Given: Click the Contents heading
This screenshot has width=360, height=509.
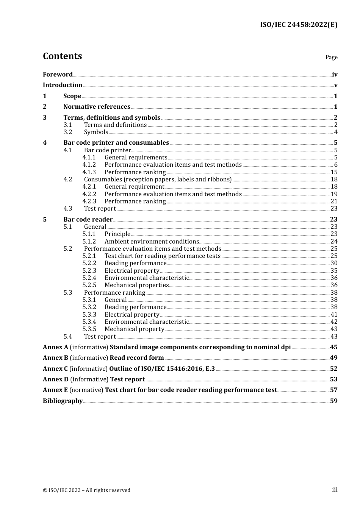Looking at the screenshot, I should click(x=62, y=56).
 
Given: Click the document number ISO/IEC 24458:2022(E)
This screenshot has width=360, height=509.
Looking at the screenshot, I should click(x=299, y=25).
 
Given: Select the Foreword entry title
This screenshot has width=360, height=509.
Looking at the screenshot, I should click(x=58, y=75).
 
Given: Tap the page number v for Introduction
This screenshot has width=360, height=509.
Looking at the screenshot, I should click(x=335, y=85).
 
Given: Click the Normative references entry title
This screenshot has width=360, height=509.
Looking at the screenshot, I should click(x=97, y=107).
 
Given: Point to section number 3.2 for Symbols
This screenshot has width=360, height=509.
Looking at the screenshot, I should click(x=67, y=132).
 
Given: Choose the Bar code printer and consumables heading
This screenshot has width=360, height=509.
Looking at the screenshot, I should click(x=116, y=143).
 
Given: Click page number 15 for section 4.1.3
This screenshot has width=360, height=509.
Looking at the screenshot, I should click(x=334, y=172).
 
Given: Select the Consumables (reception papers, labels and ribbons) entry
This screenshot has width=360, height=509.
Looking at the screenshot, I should click(x=158, y=180).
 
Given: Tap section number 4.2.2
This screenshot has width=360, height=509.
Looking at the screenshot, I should click(x=89, y=194).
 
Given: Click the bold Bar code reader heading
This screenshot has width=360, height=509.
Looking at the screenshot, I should click(x=88, y=220).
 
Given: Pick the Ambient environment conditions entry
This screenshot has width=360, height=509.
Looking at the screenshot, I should click(x=152, y=242).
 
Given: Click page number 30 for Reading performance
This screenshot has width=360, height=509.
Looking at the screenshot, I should click(x=334, y=263).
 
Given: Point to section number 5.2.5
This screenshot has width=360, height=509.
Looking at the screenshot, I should click(x=89, y=285).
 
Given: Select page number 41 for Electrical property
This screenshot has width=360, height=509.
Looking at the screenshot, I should click(x=334, y=315).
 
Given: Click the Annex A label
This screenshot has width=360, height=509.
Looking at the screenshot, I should click(x=55, y=347).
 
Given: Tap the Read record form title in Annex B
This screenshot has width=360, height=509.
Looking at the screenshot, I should click(x=136, y=358).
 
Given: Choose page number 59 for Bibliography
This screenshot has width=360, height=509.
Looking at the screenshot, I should click(x=334, y=401).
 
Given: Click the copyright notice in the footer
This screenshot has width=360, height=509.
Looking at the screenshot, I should click(x=86, y=490).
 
